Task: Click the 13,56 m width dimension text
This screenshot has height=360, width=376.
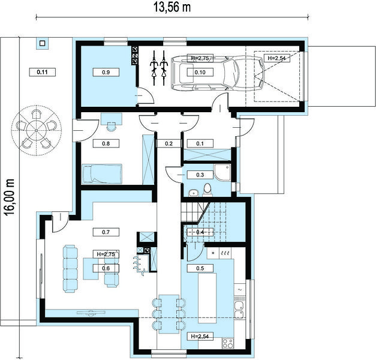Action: pos(172,7)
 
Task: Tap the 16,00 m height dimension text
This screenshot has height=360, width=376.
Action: pos(10,197)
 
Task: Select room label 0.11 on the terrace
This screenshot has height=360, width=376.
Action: pos(43,72)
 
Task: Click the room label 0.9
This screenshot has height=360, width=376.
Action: pos(106,72)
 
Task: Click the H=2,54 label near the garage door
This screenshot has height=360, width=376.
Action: pos(277,58)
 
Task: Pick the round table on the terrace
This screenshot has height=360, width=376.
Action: pos(36,131)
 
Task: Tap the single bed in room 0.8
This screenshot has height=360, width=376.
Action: pos(102,174)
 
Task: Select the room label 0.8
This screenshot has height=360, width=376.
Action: pos(106,143)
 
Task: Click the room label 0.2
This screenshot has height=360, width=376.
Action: pos(169,143)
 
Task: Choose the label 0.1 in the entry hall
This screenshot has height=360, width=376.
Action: pos(200,143)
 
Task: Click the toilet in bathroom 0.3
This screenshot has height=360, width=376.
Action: pos(207,189)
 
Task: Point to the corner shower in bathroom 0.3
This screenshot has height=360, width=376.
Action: pos(222,173)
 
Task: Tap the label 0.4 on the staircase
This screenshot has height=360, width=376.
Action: pos(200,232)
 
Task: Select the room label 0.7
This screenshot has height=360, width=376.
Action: pos(106,232)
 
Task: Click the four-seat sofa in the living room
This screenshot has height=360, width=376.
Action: pos(71,269)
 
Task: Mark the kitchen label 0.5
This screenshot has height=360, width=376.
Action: pos(200,268)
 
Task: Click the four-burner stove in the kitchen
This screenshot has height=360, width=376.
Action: pos(228,343)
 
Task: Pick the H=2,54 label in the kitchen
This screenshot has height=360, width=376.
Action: pos(200,337)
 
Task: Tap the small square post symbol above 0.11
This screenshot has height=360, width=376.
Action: pos(42,43)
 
